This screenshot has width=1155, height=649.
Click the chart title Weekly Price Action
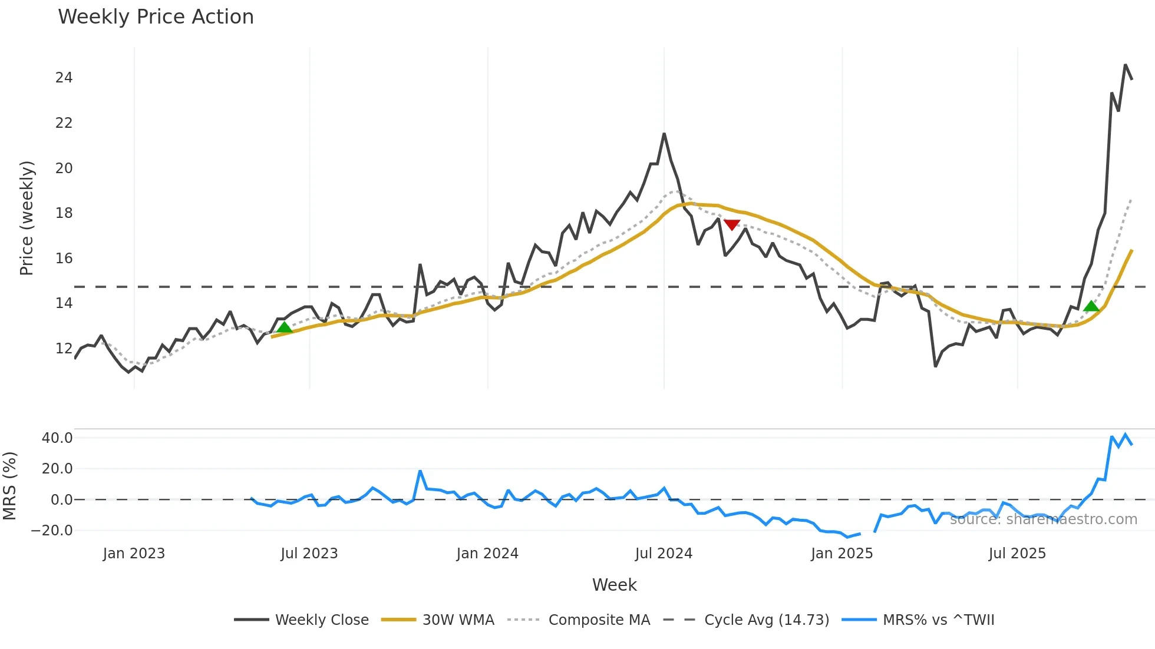(156, 17)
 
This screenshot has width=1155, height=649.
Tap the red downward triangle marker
(732, 224)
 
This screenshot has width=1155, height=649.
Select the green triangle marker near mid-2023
(285, 327)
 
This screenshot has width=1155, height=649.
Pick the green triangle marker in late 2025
(1091, 306)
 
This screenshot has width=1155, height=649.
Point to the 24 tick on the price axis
(64, 78)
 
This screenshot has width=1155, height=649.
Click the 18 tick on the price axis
(64, 213)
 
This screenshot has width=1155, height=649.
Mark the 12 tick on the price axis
(64, 349)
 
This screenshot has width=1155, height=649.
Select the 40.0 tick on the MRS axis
(57, 438)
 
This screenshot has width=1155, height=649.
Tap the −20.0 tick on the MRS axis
(52, 531)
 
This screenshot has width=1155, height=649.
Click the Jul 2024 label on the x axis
(664, 554)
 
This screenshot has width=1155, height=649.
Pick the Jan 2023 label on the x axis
(134, 554)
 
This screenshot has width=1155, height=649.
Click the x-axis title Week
(614, 585)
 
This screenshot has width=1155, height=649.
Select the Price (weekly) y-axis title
(27, 218)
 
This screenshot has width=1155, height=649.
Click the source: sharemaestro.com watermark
(1043, 519)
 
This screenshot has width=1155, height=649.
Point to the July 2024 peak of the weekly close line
(664, 134)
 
